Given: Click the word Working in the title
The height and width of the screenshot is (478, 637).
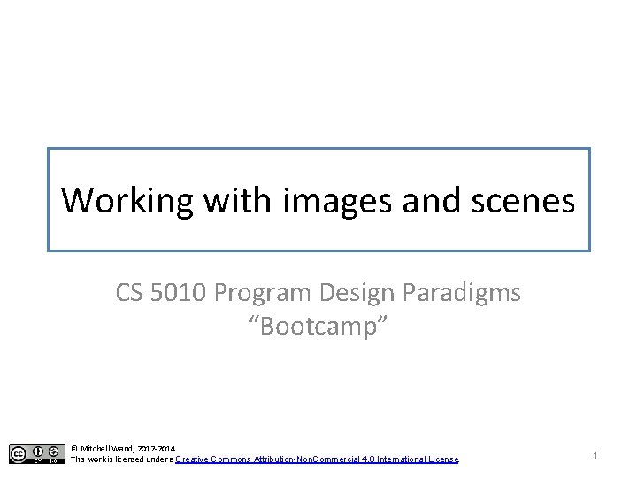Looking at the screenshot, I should click(127, 201).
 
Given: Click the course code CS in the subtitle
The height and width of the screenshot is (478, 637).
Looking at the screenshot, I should click(130, 293).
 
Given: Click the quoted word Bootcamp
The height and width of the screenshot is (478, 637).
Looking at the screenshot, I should click(318, 327).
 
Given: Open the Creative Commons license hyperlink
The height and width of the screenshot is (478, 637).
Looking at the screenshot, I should click(317, 459).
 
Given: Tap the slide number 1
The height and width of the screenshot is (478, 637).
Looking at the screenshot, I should click(595, 455).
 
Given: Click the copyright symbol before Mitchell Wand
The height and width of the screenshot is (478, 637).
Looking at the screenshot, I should click(74, 449).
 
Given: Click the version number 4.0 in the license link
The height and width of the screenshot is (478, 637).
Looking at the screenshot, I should click(367, 459).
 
